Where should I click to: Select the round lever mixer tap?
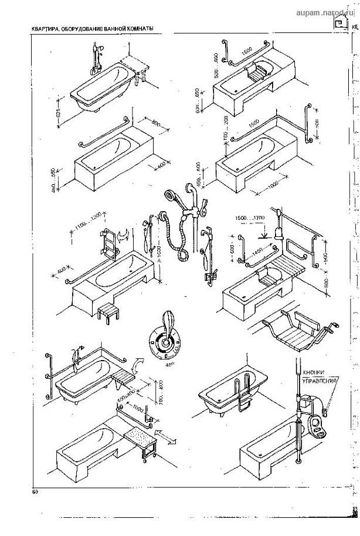pos(167,339)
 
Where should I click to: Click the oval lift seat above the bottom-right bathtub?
pos(320,426)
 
